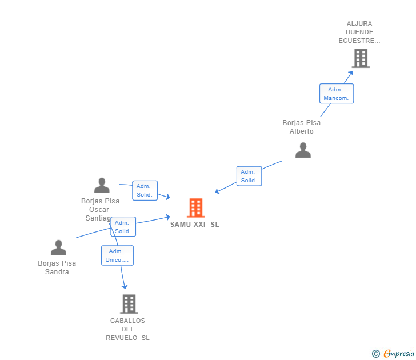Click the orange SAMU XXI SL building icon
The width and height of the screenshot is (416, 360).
[x=195, y=208]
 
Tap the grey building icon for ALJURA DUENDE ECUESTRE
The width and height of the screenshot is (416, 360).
[x=361, y=58]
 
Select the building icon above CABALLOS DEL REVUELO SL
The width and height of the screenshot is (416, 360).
[x=129, y=304]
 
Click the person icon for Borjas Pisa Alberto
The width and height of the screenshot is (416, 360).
[x=303, y=150]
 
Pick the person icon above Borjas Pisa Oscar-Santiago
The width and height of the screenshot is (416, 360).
[x=102, y=186]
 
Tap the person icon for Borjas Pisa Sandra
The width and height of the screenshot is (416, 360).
[x=58, y=248]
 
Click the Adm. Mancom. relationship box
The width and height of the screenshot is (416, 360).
[x=336, y=94]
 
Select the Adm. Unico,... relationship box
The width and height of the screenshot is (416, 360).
[x=117, y=255]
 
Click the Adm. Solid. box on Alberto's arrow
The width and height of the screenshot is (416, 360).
[x=249, y=176]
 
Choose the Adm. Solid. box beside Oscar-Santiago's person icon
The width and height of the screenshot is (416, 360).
[x=145, y=190]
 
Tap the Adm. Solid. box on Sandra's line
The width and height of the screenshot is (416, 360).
[x=123, y=227]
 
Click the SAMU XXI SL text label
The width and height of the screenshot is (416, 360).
[x=194, y=225]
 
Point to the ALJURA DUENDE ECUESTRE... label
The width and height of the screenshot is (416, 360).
[x=359, y=33]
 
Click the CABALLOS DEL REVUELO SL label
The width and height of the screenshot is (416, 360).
[x=127, y=329]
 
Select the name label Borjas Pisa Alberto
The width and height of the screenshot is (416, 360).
[x=301, y=127]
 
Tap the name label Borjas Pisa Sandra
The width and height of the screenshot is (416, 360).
[x=57, y=267]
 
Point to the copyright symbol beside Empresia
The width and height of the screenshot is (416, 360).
[x=376, y=354]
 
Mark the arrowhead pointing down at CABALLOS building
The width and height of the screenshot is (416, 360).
[x=124, y=287]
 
